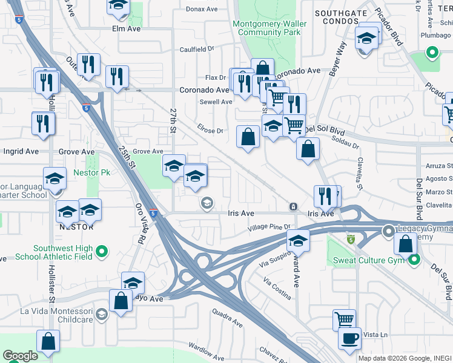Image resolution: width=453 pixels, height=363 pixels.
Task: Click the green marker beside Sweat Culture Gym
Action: [x=414, y=261]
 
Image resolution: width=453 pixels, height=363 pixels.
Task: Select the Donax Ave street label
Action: [x=202, y=9]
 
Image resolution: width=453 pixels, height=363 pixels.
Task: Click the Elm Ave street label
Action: [x=126, y=28]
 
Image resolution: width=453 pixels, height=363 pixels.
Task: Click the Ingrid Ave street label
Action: [x=21, y=151]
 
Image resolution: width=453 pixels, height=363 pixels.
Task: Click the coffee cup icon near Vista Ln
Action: [x=349, y=339]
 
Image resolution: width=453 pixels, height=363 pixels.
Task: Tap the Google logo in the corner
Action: [x=20, y=356]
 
